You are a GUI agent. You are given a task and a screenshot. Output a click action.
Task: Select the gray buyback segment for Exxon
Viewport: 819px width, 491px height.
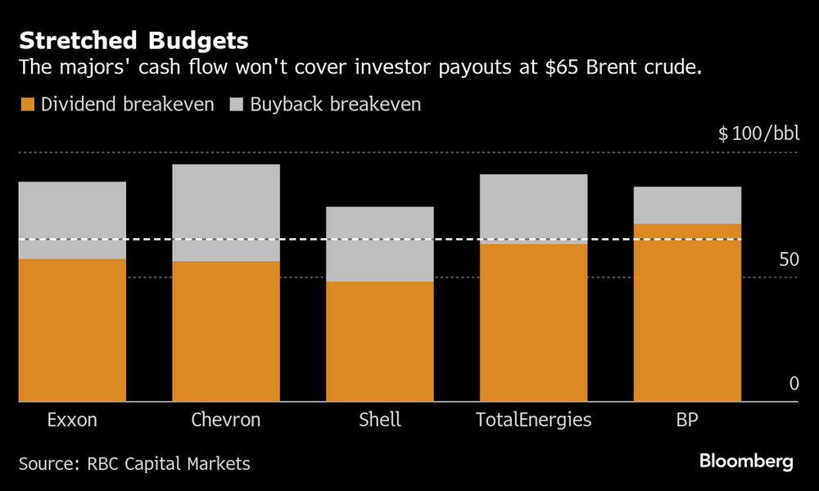72,220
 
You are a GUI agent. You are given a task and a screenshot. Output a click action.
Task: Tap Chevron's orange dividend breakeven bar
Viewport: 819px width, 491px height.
226,331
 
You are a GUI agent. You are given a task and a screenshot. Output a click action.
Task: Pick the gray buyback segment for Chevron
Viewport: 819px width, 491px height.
226,213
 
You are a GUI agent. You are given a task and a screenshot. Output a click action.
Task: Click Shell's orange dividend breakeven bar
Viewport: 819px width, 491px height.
380,341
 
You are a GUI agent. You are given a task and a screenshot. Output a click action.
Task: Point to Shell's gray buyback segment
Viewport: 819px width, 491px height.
380,244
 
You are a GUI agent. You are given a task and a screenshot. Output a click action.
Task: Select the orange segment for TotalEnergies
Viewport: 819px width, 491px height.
533,322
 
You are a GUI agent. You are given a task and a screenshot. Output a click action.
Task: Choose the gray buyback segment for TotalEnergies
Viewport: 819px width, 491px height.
533,209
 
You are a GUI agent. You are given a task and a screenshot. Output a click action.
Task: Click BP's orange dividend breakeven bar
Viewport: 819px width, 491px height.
687,313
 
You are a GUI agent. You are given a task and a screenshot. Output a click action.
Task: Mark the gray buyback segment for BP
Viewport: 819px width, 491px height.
687,205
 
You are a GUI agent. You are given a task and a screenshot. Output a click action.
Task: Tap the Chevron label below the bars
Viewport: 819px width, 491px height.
226,421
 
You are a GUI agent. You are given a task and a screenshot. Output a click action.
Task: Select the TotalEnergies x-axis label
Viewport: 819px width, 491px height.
533,421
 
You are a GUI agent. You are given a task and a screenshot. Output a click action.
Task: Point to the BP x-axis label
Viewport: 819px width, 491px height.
687,421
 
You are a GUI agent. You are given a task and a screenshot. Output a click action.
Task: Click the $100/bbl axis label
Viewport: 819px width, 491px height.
758,133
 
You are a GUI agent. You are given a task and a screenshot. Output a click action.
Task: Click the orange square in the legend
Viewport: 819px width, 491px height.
27,105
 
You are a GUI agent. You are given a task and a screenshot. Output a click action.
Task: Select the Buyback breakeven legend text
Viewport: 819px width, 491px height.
336,105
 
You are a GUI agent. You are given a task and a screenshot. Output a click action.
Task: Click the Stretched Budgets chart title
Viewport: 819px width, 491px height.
134,40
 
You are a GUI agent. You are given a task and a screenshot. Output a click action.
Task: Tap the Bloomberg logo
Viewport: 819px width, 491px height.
746,462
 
